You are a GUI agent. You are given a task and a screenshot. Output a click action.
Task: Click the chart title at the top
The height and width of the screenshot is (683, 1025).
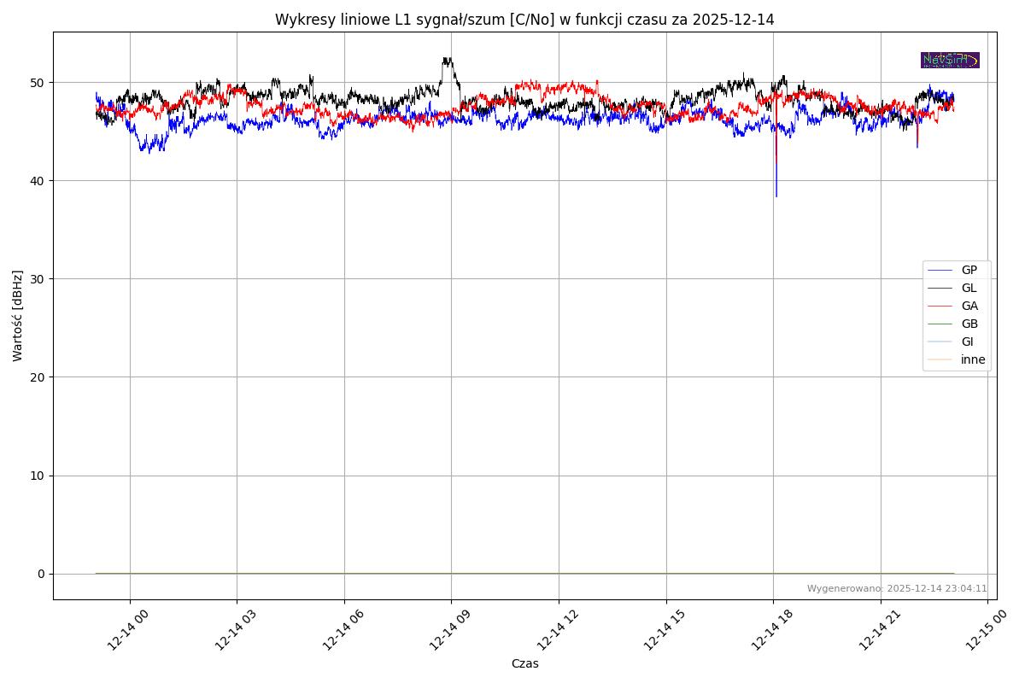524,20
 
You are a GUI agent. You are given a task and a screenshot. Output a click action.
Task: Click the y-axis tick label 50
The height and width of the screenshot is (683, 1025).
39,83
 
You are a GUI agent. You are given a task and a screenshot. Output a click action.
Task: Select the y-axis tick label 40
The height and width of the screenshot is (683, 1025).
39,181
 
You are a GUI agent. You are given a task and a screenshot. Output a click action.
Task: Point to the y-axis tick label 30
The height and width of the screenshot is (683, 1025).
39,279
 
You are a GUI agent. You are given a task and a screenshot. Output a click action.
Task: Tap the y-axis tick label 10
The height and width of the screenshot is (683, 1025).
39,476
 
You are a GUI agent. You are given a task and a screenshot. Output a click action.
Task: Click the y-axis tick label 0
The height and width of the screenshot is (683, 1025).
42,574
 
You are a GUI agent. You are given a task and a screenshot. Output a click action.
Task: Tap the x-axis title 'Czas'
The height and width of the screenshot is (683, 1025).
524,663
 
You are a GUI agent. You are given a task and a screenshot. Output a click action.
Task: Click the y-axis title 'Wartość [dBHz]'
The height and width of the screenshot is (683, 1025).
18,316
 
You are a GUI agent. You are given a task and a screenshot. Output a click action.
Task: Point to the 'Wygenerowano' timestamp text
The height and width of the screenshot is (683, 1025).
897,588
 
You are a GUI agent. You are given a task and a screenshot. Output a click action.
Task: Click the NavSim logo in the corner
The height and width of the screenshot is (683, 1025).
950,60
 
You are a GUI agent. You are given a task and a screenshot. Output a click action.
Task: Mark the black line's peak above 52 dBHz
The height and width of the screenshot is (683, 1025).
447,58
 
